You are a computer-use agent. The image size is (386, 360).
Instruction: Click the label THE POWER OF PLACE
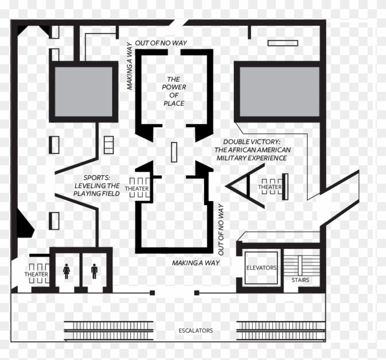pyautogui.click(x=174, y=91)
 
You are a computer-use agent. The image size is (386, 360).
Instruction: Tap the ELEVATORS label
pyautogui.click(x=261, y=268)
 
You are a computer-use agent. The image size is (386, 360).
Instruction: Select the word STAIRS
pyautogui.click(x=300, y=280)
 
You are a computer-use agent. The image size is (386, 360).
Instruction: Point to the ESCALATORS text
pyautogui.click(x=196, y=331)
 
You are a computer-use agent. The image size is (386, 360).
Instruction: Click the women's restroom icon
pyautogui.click(x=66, y=270)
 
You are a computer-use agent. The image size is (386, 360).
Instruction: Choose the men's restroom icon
pyautogui.click(x=94, y=270)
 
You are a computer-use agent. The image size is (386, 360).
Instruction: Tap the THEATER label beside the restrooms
pyautogui.click(x=36, y=275)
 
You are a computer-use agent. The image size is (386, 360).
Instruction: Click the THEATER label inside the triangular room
pyautogui.click(x=269, y=187)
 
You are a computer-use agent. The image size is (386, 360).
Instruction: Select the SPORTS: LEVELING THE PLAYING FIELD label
pyautogui.click(x=96, y=186)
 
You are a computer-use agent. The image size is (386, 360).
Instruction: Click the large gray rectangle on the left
pyautogui.click(x=83, y=92)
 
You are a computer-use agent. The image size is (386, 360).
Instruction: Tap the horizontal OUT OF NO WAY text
pyautogui.click(x=161, y=43)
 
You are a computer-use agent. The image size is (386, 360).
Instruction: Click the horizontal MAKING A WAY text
pyautogui.click(x=196, y=263)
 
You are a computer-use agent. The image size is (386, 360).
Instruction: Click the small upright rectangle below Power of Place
pyautogui.click(x=174, y=152)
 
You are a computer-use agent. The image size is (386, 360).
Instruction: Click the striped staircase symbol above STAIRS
pyautogui.click(x=300, y=265)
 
